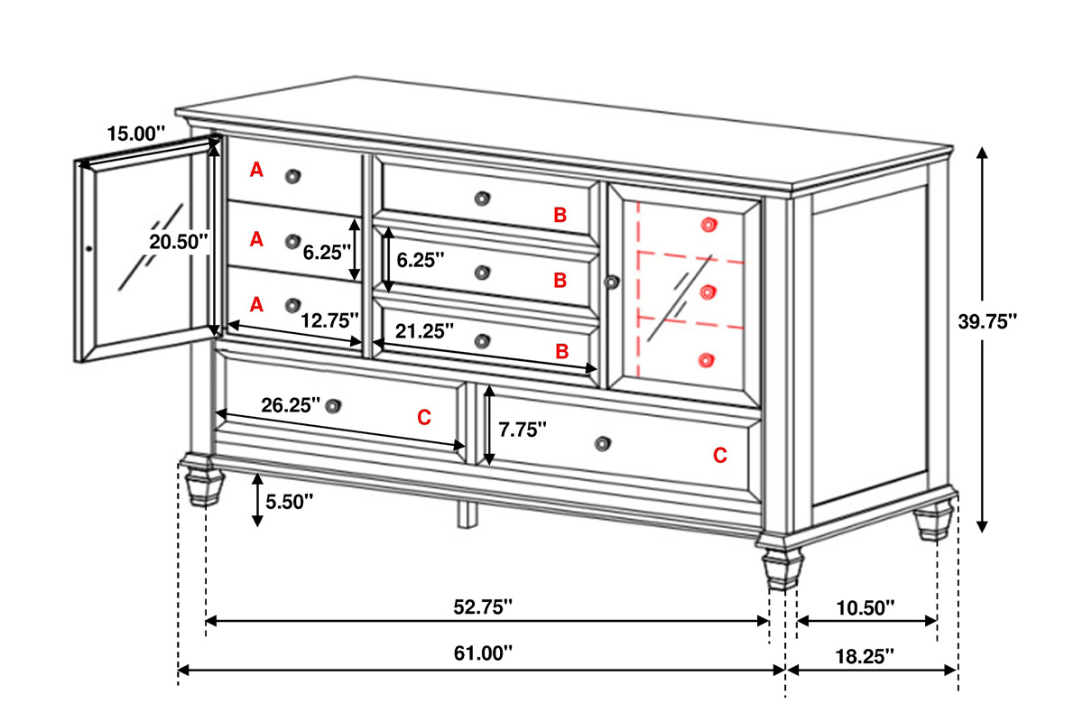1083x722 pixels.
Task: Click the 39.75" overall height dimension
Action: pos(987,321)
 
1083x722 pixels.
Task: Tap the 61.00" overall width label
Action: pos(483,653)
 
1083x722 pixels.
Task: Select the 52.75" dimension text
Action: pos(483,606)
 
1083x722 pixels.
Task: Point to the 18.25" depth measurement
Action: pos(865,656)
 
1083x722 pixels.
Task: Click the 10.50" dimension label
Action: pos(865,608)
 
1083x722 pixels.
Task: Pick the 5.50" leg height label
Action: pos(289,502)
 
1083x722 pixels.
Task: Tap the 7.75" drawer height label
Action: pos(523,430)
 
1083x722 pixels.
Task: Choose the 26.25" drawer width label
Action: pos(291,405)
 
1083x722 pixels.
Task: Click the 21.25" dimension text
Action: pos(424,331)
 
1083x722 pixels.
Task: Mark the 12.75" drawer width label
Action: pos(329,320)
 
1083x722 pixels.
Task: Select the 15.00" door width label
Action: pos(136,134)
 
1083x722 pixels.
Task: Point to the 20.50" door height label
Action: pos(179,242)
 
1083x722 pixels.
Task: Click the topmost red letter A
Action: pos(256,170)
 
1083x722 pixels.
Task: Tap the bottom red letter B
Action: pos(561,352)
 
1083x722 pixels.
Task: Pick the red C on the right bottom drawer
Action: pos(720,455)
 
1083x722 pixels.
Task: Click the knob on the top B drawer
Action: pos(482,199)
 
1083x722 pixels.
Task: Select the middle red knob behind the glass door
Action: pos(708,292)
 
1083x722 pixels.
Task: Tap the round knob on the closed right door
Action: pos(612,282)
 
